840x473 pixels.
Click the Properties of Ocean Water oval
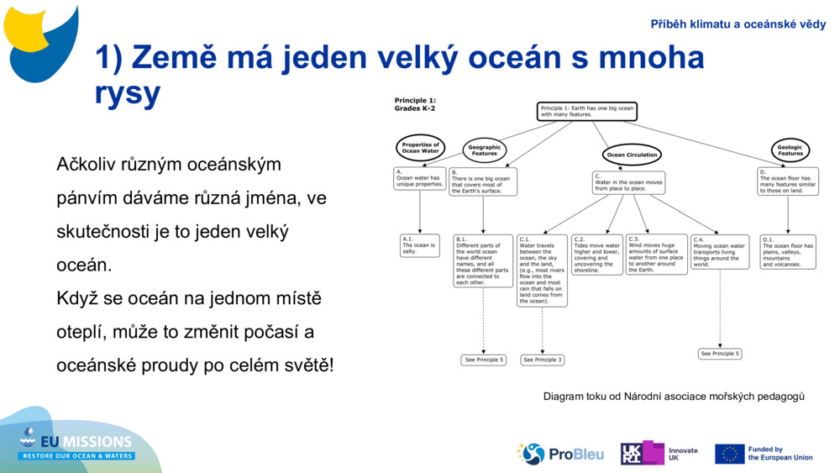click(420, 148)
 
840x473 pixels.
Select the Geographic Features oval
click(484, 150)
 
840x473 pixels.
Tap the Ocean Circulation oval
click(632, 155)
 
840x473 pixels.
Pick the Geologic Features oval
click(790, 150)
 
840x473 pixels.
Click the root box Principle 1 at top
click(587, 112)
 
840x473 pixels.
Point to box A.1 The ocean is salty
click(419, 245)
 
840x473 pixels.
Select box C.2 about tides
click(596, 255)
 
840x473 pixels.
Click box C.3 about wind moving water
click(656, 255)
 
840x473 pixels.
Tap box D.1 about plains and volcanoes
click(787, 252)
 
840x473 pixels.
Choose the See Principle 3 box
click(542, 360)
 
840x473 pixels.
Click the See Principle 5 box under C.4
click(720, 354)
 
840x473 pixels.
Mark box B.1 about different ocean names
click(482, 260)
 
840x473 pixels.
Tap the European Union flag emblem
click(729, 454)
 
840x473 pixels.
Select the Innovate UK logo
click(659, 454)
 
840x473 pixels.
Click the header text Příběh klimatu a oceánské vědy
click(738, 24)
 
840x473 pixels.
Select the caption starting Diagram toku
click(674, 396)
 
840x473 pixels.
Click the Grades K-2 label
click(415, 108)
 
